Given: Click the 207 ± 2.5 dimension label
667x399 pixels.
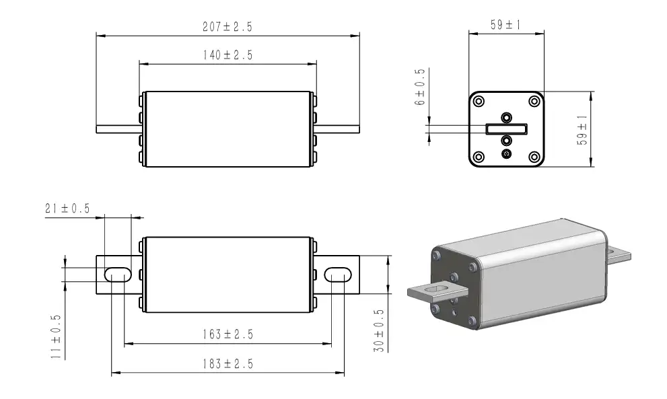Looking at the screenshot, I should coord(227,28).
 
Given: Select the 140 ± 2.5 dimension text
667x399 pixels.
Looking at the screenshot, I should coord(227,55).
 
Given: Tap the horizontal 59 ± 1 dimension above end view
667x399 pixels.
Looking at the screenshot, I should coord(505,26).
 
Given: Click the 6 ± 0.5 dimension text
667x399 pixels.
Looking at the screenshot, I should coord(421,87).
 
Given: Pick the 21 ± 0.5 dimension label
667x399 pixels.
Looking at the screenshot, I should coord(67,209).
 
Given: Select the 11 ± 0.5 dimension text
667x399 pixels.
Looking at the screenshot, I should coord(56,336).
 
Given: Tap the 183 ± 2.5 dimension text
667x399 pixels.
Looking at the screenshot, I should coord(227,364).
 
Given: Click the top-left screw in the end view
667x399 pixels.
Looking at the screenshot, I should coord(479,101).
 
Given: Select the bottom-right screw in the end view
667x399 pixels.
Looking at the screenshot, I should coord(534,157).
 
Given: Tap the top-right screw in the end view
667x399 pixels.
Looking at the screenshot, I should coord(534,101).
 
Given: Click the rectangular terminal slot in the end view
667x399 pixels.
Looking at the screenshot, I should coord(506,128).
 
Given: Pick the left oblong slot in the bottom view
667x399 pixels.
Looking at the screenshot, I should coord(117,274).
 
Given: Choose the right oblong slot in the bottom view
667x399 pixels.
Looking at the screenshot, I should coord(338,274).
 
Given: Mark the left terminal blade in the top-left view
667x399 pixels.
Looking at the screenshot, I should coord(118,129).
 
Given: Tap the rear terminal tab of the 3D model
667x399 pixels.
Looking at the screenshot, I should coord(620,254).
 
